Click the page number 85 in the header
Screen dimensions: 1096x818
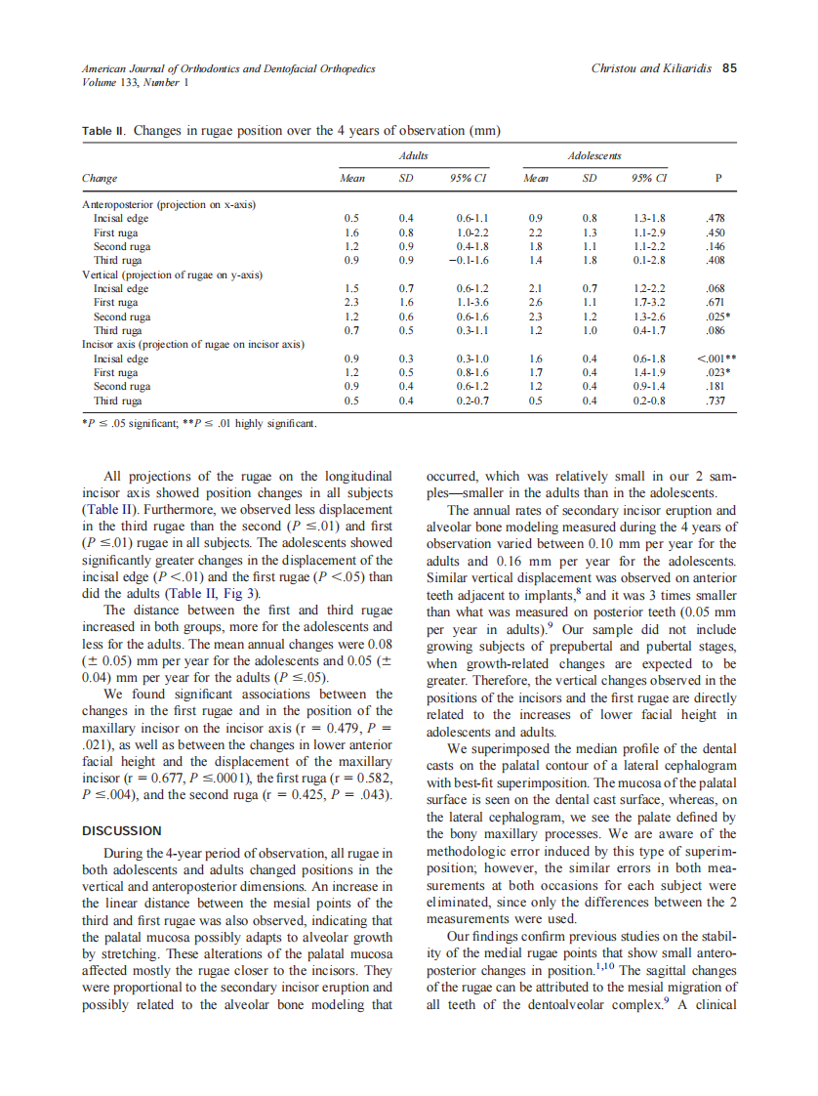(x=728, y=69)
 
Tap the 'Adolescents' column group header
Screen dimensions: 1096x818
(x=594, y=155)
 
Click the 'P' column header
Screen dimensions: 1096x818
(x=718, y=178)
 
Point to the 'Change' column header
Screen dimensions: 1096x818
(x=100, y=178)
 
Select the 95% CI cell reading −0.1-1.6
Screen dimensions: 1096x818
(x=471, y=261)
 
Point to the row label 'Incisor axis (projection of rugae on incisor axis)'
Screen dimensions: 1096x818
(x=192, y=345)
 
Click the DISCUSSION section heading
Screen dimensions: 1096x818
(x=121, y=830)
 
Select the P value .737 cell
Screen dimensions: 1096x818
(x=717, y=401)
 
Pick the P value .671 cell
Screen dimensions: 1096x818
(x=717, y=303)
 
